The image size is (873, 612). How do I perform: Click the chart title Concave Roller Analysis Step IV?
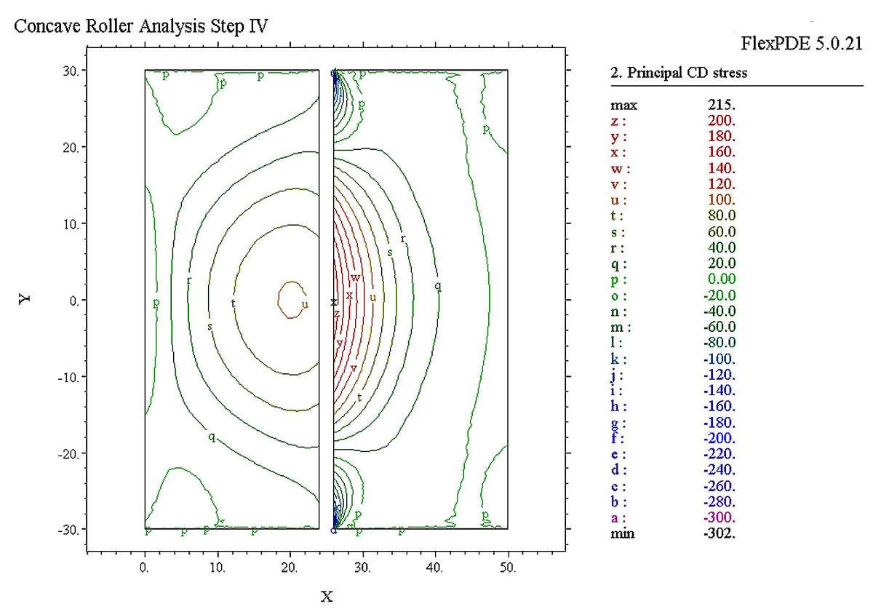(142, 27)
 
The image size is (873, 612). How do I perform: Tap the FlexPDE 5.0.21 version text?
(801, 44)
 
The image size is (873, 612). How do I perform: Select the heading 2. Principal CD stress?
(678, 73)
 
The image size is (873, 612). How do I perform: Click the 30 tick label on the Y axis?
(70, 71)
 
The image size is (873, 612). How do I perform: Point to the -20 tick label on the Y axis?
(67, 453)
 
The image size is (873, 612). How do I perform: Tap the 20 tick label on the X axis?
(290, 567)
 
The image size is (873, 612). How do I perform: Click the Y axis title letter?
(25, 300)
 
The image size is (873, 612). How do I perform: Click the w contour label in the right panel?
(356, 278)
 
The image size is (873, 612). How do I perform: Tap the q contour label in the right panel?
(437, 286)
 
